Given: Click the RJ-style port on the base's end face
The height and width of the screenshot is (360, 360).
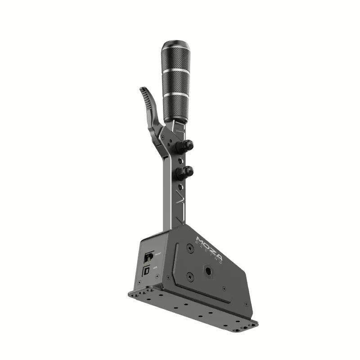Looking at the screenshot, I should coord(148,257).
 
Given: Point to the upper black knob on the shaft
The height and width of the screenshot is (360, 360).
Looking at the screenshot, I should coord(186,145).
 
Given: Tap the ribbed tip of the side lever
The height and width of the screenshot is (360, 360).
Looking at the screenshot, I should coord(144,93).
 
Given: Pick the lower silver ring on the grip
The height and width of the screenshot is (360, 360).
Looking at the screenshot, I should coord(175,94).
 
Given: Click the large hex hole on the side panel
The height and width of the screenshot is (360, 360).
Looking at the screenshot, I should coord(210,271).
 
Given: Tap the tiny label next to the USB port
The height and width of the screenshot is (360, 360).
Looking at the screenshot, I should coord(155,268).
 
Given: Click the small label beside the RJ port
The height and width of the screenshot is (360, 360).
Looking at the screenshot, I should coord(157,254).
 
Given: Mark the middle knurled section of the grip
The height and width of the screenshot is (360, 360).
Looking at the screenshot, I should coord(175,83).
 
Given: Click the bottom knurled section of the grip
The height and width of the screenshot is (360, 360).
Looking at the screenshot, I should coord(175,108).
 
